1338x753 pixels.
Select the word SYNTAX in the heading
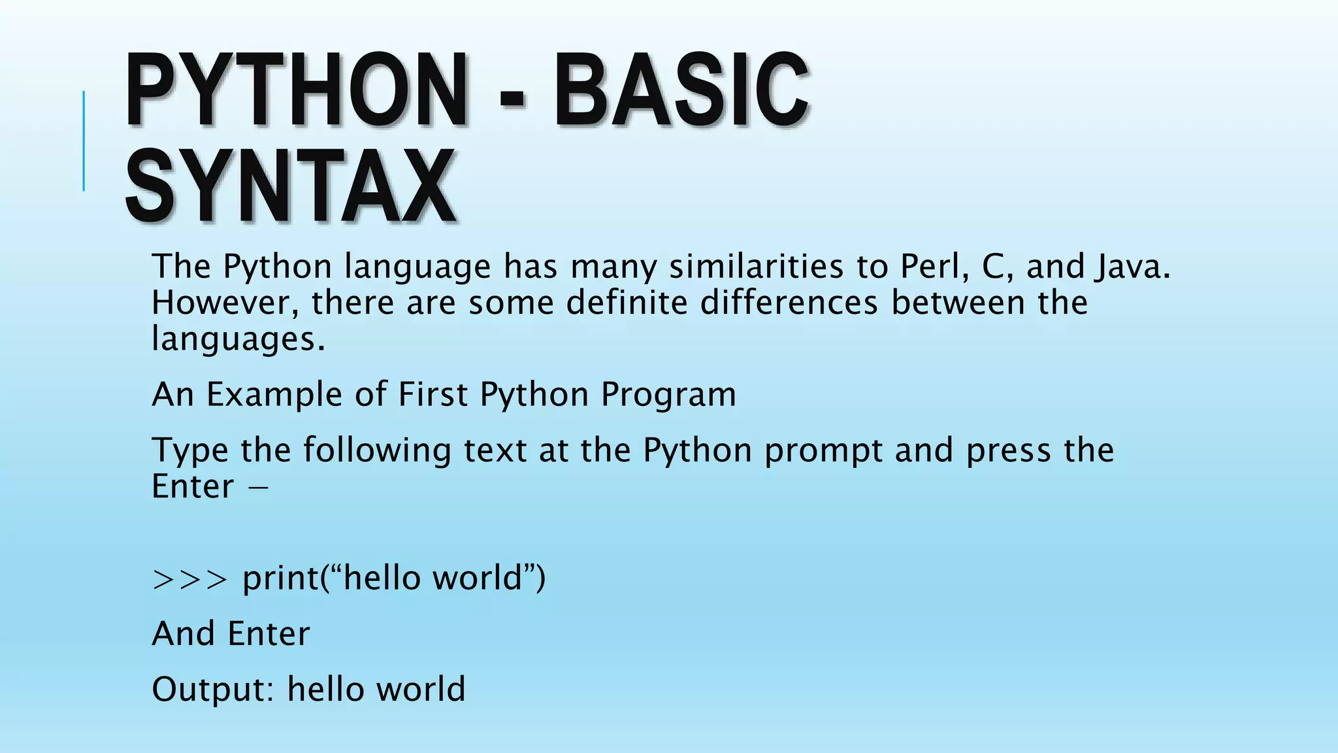pyautogui.click(x=290, y=187)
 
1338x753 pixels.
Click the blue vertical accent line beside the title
pyautogui.click(x=84, y=141)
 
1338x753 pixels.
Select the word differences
pyautogui.click(x=789, y=303)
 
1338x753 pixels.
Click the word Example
pyautogui.click(x=274, y=395)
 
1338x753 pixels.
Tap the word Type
pyautogui.click(x=189, y=451)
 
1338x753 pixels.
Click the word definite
pyautogui.click(x=627, y=303)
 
